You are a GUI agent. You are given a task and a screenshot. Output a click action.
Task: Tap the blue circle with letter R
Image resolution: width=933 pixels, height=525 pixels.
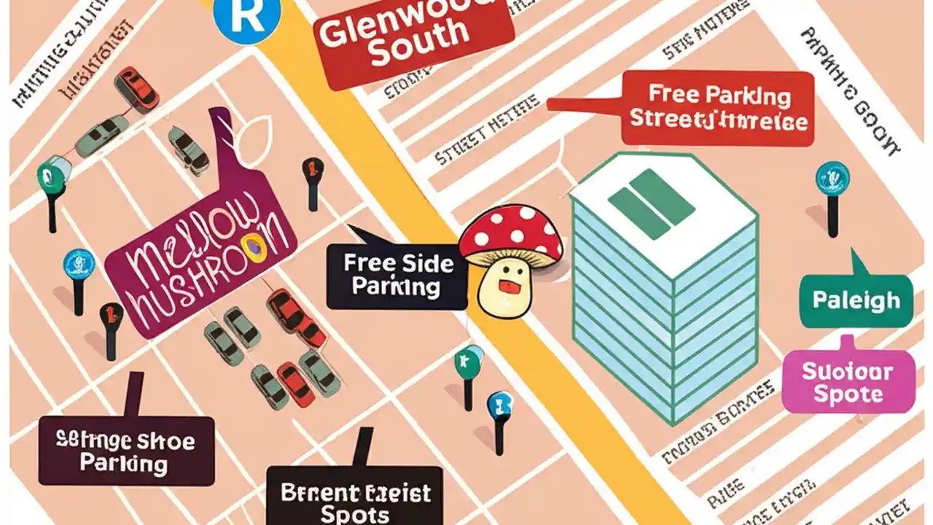click(x=246, y=16)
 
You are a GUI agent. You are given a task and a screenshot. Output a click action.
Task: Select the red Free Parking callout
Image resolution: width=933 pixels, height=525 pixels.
click(x=717, y=107)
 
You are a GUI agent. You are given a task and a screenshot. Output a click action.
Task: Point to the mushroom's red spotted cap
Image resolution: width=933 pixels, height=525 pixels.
click(x=510, y=233)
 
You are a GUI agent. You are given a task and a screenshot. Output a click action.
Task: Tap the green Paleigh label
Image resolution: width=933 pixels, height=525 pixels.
click(x=856, y=300)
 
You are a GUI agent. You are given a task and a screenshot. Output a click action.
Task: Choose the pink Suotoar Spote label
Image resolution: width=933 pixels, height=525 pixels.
click(x=847, y=383)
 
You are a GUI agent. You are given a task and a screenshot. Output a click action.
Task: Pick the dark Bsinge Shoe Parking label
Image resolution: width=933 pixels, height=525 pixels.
click(x=126, y=451)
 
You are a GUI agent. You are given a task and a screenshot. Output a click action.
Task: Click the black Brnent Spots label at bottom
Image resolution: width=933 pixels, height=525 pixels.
click(x=355, y=500)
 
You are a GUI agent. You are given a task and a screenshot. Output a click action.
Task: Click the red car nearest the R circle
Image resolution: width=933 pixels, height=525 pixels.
click(x=137, y=87)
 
